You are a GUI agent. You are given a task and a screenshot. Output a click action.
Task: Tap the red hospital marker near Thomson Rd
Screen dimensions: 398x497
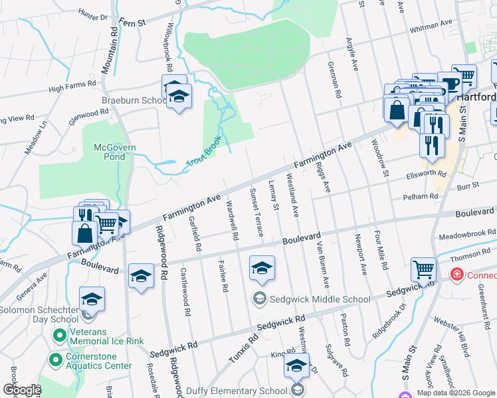456,274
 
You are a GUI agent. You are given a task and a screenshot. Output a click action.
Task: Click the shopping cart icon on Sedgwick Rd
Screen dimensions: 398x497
423,269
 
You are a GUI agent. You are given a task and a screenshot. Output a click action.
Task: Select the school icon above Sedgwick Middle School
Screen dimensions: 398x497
262,268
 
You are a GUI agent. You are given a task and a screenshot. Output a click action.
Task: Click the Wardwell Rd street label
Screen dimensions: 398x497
233,220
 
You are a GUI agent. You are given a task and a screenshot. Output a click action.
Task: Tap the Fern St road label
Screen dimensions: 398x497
132,21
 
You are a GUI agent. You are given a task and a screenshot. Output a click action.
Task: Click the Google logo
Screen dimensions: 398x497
21,390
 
